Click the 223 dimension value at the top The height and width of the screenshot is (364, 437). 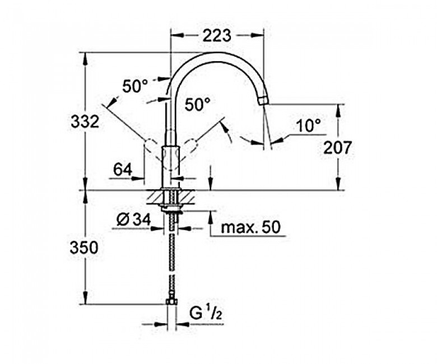click(217, 35)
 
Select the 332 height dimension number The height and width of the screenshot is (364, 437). click(85, 122)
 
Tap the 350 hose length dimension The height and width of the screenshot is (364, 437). click(84, 248)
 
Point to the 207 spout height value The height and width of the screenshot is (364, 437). click(337, 148)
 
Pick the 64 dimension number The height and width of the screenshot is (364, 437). click(123, 169)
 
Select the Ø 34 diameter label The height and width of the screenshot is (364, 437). click(134, 220)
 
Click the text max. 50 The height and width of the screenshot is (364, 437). click(250, 227)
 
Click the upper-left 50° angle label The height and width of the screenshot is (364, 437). click(136, 86)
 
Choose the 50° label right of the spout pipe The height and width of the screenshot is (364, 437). click(198, 105)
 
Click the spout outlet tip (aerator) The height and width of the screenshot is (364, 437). click(263, 101)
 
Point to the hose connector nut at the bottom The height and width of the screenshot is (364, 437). click(171, 302)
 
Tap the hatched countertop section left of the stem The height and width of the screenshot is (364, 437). click(154, 197)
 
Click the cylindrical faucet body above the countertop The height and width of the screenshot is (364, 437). click(172, 166)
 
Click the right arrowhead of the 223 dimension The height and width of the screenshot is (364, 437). click(258, 35)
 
